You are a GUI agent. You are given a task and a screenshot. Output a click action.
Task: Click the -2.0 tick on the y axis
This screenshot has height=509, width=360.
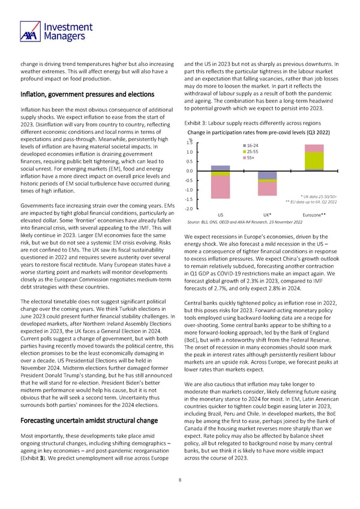tap(188, 209)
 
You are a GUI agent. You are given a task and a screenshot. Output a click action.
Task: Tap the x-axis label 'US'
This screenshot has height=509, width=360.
tap(220, 214)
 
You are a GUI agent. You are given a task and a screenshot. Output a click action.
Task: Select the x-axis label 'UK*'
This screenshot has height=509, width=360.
tap(267, 214)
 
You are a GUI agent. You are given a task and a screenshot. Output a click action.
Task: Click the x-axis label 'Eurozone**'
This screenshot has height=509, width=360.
tap(314, 214)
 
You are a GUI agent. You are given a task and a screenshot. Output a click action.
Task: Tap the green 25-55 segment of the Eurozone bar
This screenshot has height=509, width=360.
tap(314, 161)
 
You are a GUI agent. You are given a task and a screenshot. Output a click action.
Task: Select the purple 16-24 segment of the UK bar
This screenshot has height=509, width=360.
tap(267, 175)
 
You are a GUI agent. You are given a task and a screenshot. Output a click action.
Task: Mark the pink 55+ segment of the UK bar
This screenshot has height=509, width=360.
tap(267, 189)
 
